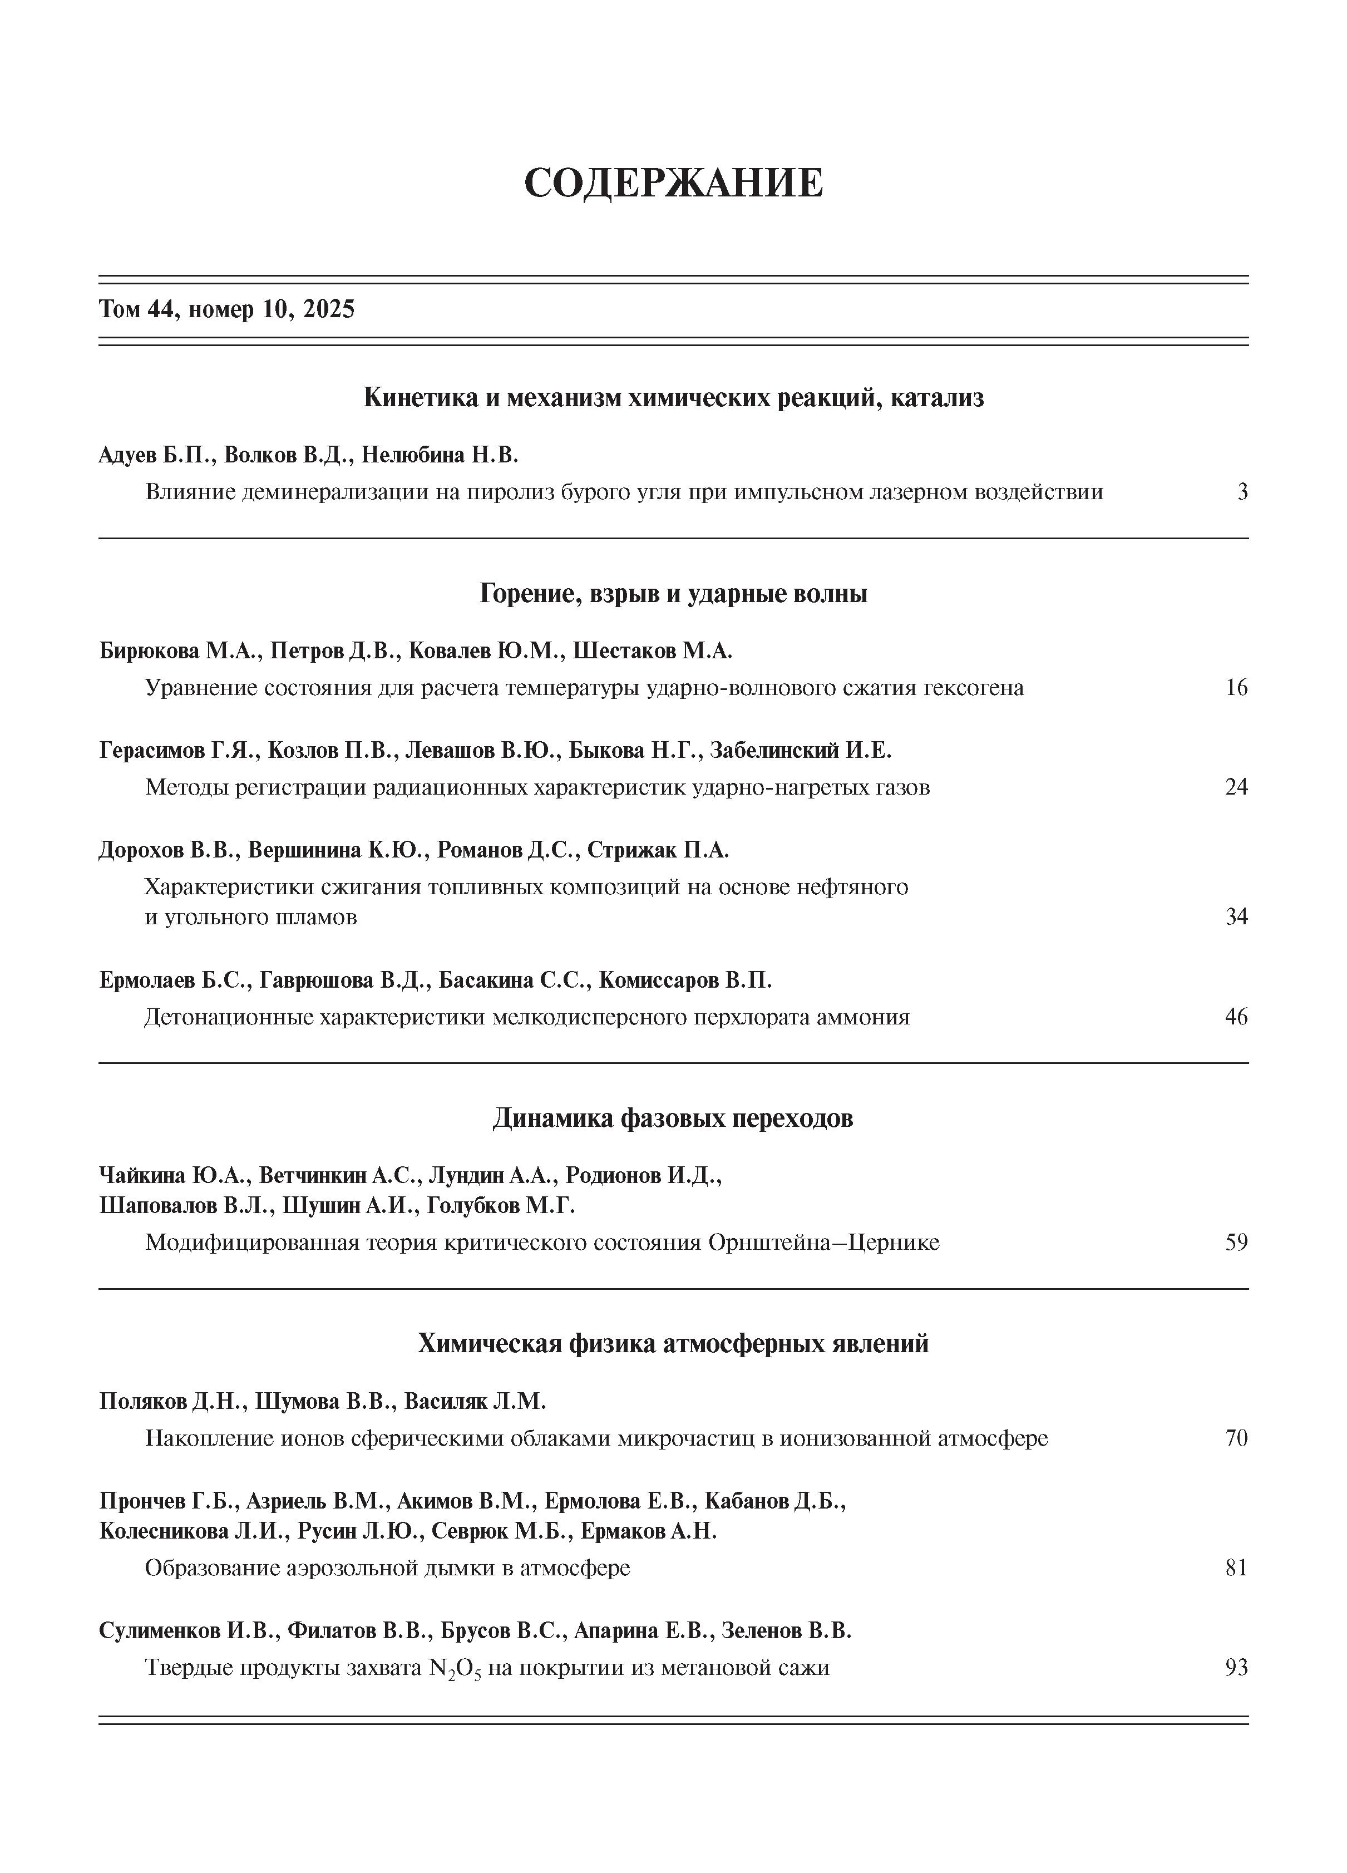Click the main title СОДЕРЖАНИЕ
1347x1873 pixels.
click(673, 183)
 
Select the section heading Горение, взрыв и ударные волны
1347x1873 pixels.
click(673, 593)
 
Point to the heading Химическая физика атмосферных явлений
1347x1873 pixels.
click(673, 1344)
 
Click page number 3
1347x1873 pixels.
click(1242, 492)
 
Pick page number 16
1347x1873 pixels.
click(1236, 687)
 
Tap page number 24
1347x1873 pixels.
click(1236, 786)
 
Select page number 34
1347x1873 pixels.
click(1236, 916)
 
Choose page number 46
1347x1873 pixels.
click(1236, 1017)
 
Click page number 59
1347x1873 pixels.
click(1236, 1242)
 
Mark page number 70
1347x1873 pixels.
click(1236, 1438)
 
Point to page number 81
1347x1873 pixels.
click(1236, 1568)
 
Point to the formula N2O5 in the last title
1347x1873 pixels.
click(454, 1669)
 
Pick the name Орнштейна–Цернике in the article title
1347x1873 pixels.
click(823, 1242)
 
